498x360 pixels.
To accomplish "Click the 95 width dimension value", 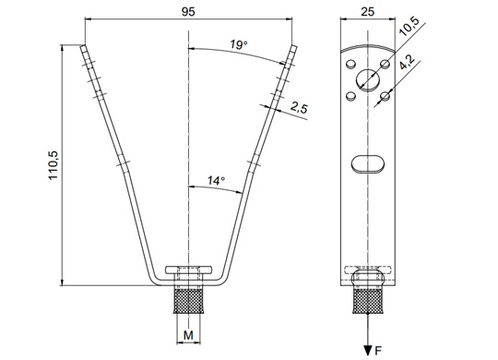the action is (188, 12).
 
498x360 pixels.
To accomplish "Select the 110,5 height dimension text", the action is (53, 165).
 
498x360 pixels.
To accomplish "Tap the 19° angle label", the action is (239, 44).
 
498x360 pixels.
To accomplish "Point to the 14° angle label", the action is (216, 181).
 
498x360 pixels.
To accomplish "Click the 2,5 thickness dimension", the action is (299, 108).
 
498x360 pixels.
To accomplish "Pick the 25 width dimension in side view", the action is (368, 12).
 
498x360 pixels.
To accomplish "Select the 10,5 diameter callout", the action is (409, 27).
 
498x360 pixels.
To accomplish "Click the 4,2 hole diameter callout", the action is (407, 61).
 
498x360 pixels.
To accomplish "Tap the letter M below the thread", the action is (188, 335).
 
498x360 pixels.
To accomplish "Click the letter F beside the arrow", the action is (378, 351).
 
